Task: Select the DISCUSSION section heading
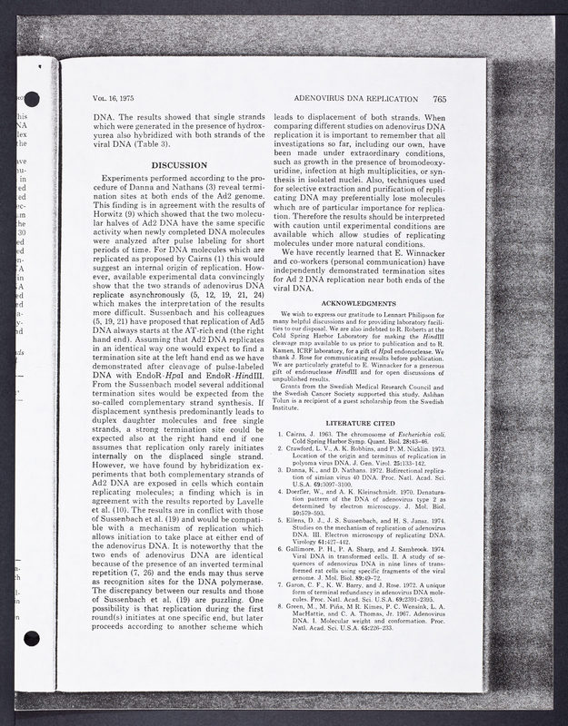[x=178, y=164]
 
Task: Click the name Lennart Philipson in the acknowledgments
[x=410, y=312]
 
